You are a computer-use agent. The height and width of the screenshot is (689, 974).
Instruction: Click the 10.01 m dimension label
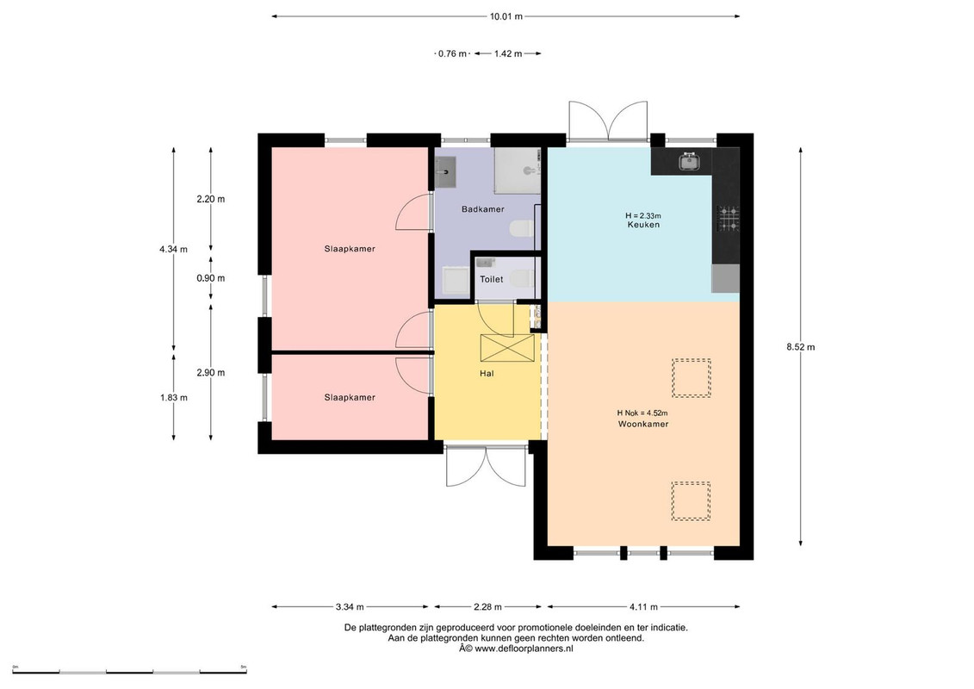(506, 16)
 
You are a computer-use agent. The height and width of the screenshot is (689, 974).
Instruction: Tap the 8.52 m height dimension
(800, 347)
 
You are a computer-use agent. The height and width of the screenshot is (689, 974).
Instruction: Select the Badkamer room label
(482, 209)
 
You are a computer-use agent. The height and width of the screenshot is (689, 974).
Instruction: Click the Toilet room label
(492, 280)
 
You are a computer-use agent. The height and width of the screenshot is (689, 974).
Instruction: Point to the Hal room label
(487, 374)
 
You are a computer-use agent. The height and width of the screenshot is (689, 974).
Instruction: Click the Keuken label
(643, 225)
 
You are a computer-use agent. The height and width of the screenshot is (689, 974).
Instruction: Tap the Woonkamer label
(643, 425)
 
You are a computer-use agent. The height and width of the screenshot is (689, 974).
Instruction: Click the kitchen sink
(689, 162)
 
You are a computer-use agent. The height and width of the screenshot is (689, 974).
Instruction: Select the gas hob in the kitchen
(729, 218)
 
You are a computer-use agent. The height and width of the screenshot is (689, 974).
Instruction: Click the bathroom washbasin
(444, 173)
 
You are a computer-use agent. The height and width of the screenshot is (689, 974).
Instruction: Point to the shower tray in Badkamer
(517, 171)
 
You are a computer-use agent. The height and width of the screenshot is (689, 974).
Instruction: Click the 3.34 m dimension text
(350, 607)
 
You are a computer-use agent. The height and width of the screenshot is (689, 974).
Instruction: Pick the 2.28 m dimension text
(487, 607)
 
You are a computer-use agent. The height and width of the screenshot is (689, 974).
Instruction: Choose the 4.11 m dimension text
(643, 607)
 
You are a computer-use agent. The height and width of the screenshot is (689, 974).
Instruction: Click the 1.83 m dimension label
(174, 398)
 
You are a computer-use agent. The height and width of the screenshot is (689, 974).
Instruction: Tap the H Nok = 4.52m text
(642, 413)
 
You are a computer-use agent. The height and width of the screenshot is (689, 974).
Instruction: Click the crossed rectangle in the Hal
(507, 348)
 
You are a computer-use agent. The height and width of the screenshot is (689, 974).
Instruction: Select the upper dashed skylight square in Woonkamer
(692, 378)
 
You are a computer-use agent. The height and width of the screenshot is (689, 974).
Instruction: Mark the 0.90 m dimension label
(211, 278)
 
